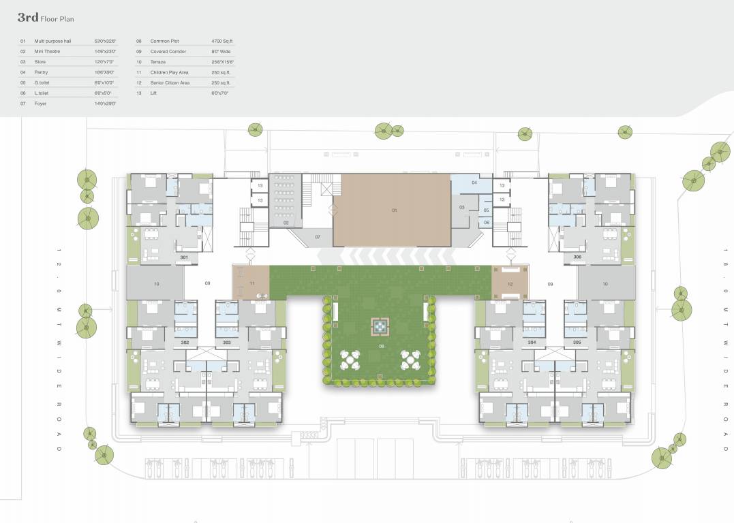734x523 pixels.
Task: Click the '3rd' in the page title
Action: point(27,18)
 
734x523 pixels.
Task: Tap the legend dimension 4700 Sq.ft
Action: point(221,41)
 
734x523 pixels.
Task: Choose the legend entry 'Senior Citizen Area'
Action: point(170,82)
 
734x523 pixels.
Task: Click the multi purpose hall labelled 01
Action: point(394,210)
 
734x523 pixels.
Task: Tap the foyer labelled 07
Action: point(317,236)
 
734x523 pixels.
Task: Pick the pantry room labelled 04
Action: point(474,183)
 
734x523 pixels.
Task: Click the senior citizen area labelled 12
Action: point(510,282)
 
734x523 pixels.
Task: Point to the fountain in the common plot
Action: point(378,328)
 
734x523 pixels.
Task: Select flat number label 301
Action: point(184,257)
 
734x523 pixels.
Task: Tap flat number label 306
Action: point(577,257)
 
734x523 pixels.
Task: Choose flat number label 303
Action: point(227,342)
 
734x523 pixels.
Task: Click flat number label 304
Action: point(532,342)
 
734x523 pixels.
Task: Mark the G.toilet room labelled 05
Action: point(486,210)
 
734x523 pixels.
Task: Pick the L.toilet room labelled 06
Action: point(486,223)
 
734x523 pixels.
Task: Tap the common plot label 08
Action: point(381,347)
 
